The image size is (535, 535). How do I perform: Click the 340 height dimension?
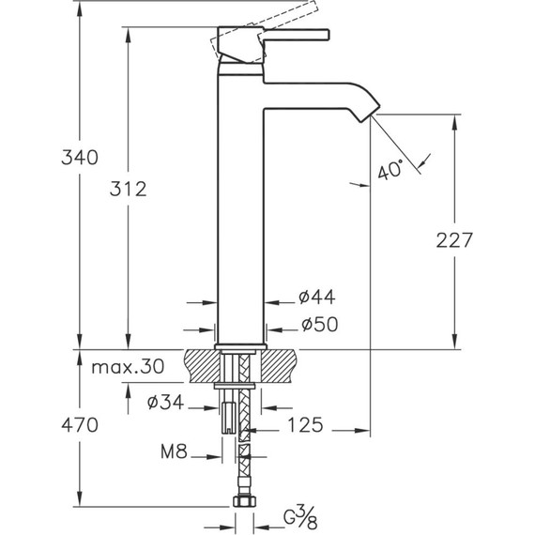click(x=80, y=158)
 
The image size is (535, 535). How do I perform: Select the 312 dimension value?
click(x=129, y=189)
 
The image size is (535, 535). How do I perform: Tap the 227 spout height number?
click(x=454, y=240)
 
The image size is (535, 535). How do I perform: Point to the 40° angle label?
click(x=390, y=169)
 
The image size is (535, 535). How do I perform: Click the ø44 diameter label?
click(x=317, y=297)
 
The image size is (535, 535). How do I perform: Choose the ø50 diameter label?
click(x=320, y=324)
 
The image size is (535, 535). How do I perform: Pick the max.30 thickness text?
click(x=128, y=367)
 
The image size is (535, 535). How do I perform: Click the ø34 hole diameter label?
click(x=165, y=403)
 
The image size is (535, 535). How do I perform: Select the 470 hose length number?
click(x=80, y=425)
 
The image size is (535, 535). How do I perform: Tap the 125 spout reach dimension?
click(x=305, y=425)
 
